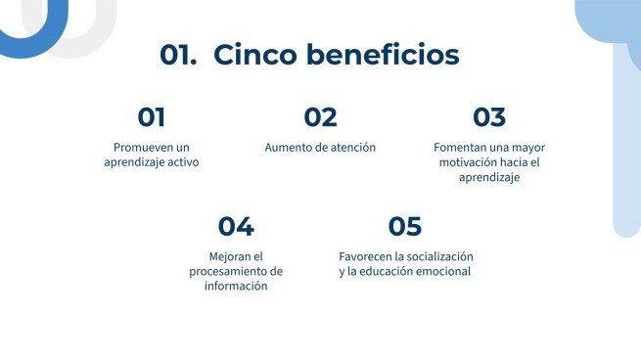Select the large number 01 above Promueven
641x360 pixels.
point(151,117)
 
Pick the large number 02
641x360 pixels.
point(320,117)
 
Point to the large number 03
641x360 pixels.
point(489,117)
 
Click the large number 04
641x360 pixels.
point(236,227)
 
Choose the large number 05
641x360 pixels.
point(404,227)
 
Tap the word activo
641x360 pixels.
point(181,162)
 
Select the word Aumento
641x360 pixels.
point(289,148)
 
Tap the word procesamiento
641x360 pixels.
point(227,271)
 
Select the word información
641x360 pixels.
point(236,286)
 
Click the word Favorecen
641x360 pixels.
point(365,256)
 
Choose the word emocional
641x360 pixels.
point(443,271)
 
